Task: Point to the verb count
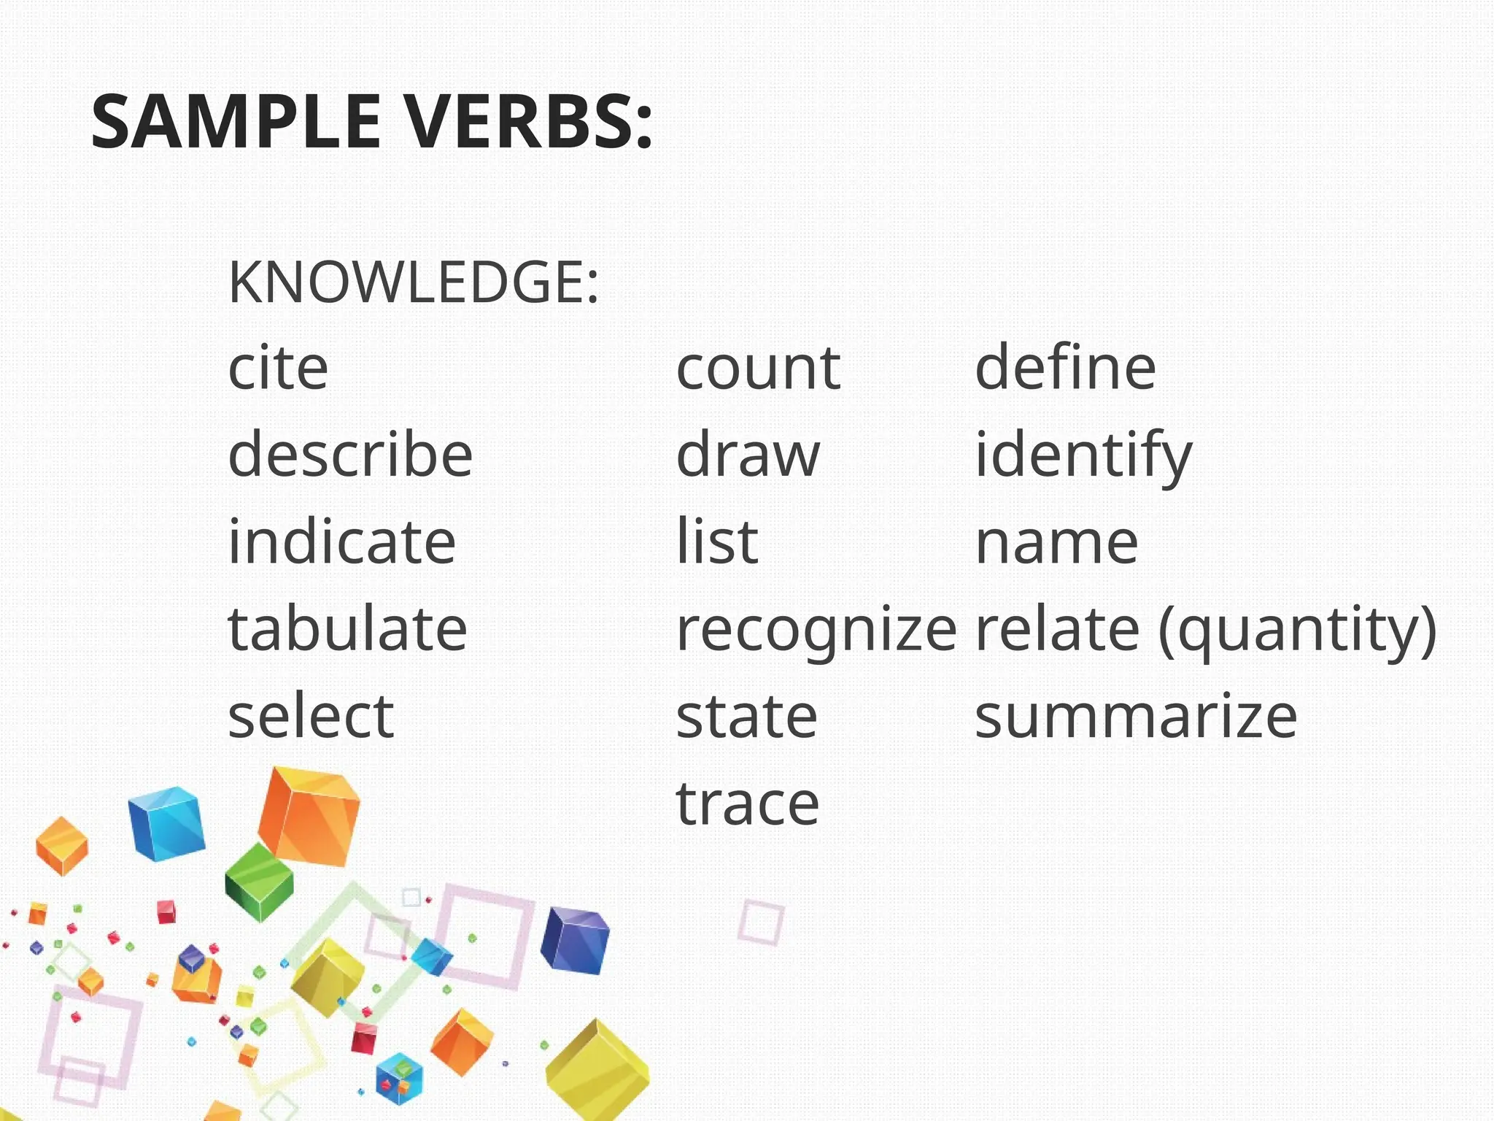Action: tap(758, 369)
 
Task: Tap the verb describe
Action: tap(350, 453)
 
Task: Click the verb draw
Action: tap(748, 454)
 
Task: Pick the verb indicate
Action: tap(341, 541)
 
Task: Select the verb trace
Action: tap(748, 804)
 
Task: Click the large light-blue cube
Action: tap(166, 823)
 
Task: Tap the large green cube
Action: tap(259, 881)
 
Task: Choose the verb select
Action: tap(311, 716)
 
